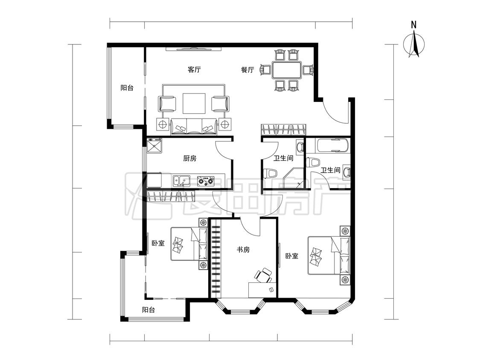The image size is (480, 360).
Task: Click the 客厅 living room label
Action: click(194, 70)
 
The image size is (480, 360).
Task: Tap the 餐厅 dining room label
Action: click(247, 70)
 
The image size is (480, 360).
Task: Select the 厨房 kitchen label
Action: click(190, 158)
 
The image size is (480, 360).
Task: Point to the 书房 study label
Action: click(243, 250)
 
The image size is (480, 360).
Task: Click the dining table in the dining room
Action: click(287, 70)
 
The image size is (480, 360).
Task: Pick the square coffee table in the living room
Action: click(194, 104)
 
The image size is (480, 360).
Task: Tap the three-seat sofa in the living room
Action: click(194, 127)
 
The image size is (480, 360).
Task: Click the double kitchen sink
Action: click(181, 181)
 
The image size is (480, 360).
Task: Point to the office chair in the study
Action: click(263, 275)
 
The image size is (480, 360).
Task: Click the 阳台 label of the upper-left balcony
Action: click(127, 88)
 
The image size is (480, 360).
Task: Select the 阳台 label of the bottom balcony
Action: click(148, 310)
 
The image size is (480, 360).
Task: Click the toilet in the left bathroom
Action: click(271, 173)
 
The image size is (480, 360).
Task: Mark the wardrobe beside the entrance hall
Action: click(283, 130)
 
